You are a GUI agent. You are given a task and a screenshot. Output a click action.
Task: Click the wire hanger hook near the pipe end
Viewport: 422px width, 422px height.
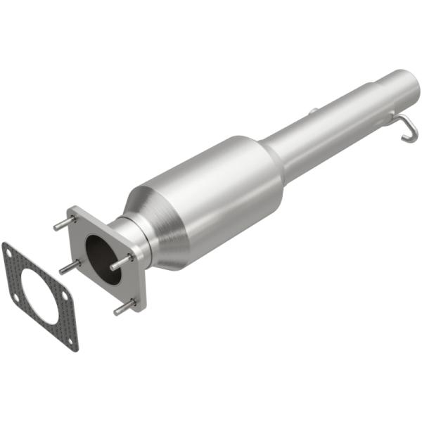point(408,127)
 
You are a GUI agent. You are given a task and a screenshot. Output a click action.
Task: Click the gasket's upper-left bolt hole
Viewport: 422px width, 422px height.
point(9,252)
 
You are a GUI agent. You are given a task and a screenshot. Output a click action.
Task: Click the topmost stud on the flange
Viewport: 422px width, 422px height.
point(64,224)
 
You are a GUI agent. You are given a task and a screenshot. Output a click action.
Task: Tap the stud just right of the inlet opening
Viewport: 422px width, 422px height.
point(121,262)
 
